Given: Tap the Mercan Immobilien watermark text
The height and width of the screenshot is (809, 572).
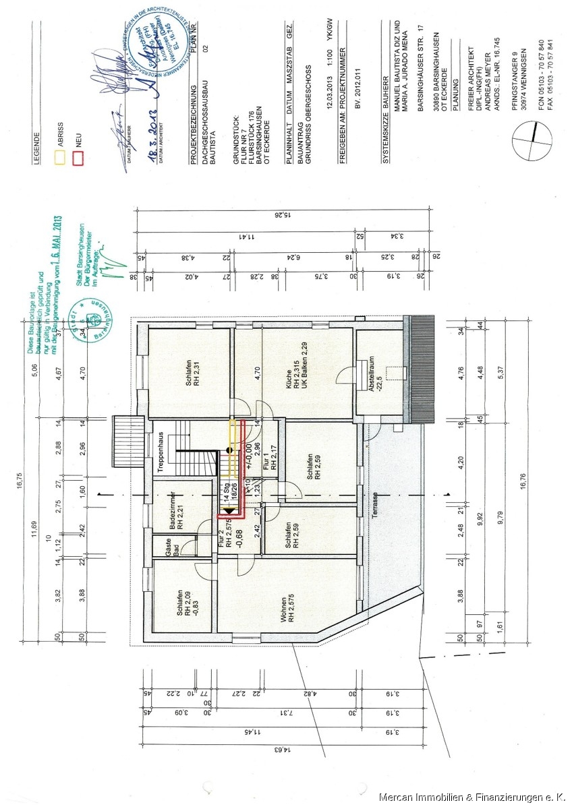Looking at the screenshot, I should coord(473,798).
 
